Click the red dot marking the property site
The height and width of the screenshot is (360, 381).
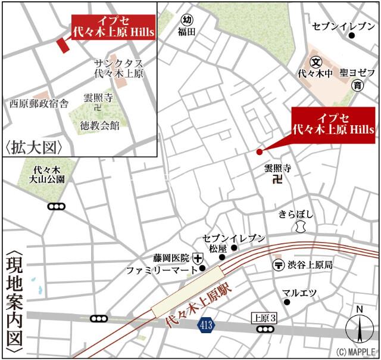[x=259, y=151]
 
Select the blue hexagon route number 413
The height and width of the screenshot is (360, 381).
[x=205, y=325]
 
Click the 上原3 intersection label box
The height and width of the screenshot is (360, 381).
[x=264, y=317]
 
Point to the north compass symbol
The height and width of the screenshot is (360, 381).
[x=359, y=327]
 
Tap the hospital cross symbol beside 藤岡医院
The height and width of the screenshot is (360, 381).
[x=198, y=258]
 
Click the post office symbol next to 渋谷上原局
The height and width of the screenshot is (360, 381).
[x=277, y=264]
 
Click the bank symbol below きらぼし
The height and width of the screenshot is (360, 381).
[x=299, y=226]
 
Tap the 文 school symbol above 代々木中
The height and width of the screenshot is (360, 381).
[x=316, y=61]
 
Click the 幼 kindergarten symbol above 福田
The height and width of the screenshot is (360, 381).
[x=187, y=19]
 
